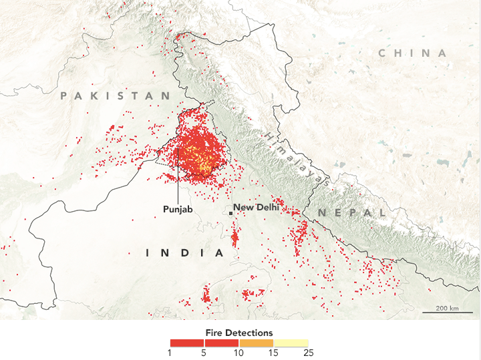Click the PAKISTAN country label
(116, 96)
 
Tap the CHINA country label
(412, 53)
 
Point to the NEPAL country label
(351, 212)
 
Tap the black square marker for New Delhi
(230, 212)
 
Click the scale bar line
(447, 313)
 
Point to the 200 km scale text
(447, 308)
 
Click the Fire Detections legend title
(239, 332)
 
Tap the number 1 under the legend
(170, 352)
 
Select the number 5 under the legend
(204, 352)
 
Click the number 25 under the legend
(308, 352)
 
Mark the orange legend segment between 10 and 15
(257, 342)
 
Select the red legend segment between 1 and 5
(187, 342)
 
